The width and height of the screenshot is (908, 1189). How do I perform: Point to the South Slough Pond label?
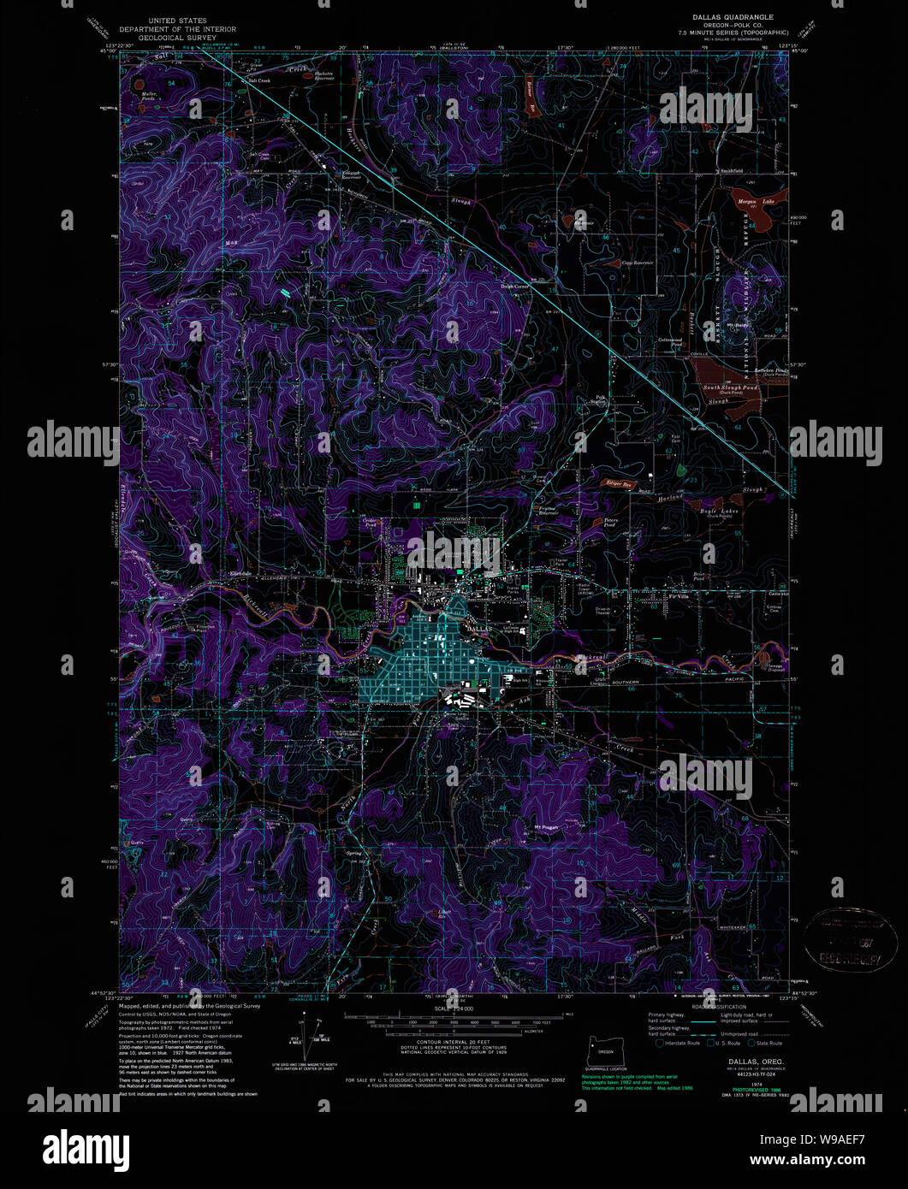point(730,387)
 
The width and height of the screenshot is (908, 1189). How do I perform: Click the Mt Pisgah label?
point(546,826)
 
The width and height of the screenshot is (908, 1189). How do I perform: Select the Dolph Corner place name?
point(516,287)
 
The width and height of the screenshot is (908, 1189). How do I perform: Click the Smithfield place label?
point(730,170)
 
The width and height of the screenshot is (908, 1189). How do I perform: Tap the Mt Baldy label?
point(738,325)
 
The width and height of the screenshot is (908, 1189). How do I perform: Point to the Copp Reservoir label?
point(637,263)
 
